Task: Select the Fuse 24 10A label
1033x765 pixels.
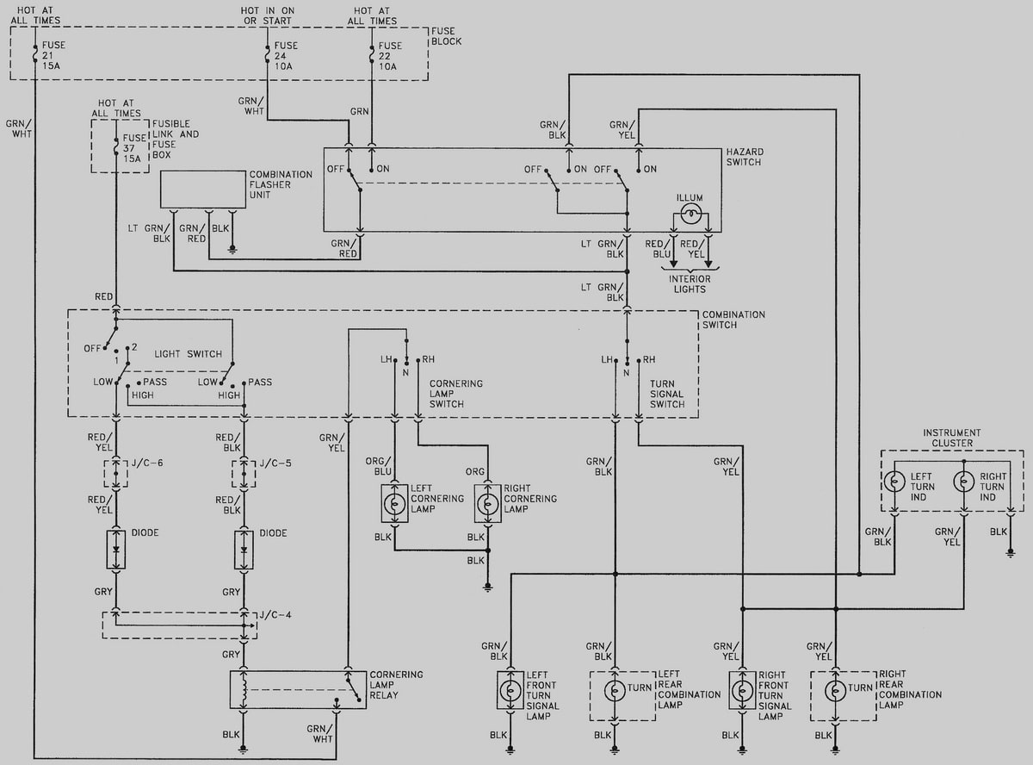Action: (x=286, y=56)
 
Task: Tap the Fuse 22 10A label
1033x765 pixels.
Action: (x=389, y=56)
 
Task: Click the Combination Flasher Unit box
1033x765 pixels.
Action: (x=203, y=190)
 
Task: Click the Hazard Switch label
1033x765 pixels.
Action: (x=745, y=157)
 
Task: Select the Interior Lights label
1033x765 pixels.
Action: (x=690, y=284)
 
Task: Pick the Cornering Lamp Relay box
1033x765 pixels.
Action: (x=298, y=690)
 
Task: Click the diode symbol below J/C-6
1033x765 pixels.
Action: (x=116, y=550)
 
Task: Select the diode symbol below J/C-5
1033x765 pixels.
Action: (x=244, y=550)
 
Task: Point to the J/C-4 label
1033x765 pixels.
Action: (x=275, y=613)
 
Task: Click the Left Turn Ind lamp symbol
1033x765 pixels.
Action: (x=895, y=481)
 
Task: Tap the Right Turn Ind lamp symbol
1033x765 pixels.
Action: (x=964, y=481)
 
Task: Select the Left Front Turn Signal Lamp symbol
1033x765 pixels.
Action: (x=511, y=690)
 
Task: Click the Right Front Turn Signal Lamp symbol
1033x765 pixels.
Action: (x=743, y=690)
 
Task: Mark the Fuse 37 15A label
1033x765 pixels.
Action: (x=134, y=147)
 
